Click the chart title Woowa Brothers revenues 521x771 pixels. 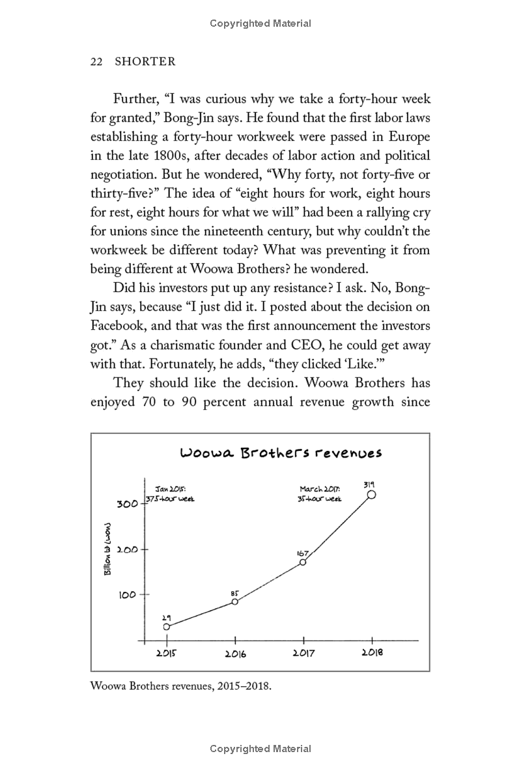pos(281,453)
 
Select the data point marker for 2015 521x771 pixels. pos(167,626)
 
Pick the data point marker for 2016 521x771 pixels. pos(235,602)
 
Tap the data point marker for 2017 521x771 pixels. pos(303,562)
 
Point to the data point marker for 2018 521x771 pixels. pos(372,495)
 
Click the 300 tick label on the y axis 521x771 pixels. pos(128,504)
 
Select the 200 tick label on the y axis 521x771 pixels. pos(128,549)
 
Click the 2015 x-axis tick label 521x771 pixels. pos(167,654)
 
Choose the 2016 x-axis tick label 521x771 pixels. pos(235,654)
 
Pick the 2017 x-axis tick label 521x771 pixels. pos(303,654)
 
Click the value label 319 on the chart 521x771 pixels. pos(369,484)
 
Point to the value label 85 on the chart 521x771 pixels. pos(235,593)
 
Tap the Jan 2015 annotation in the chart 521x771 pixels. pos(170,493)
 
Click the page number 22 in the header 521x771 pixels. pos(97,61)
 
